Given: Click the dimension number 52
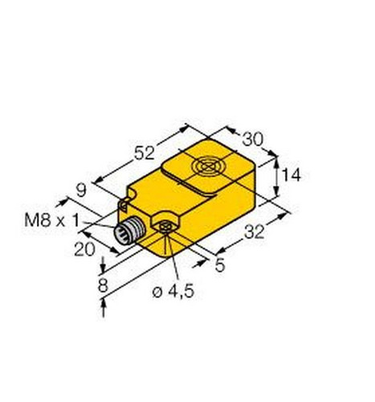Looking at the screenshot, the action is tap(145, 153).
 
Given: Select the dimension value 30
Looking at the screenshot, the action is tap(253, 139).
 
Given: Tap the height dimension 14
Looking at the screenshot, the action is tap(291, 175).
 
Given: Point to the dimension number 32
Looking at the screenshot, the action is tap(255, 232).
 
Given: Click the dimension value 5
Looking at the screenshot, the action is tap(220, 265).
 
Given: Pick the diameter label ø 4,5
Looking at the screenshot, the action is tap(173, 292).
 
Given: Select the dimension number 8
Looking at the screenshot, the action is tap(103, 285).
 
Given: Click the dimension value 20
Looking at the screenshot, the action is tap(84, 249).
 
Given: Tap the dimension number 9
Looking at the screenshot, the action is tap(81, 191).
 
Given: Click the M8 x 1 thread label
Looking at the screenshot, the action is tap(52, 221).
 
